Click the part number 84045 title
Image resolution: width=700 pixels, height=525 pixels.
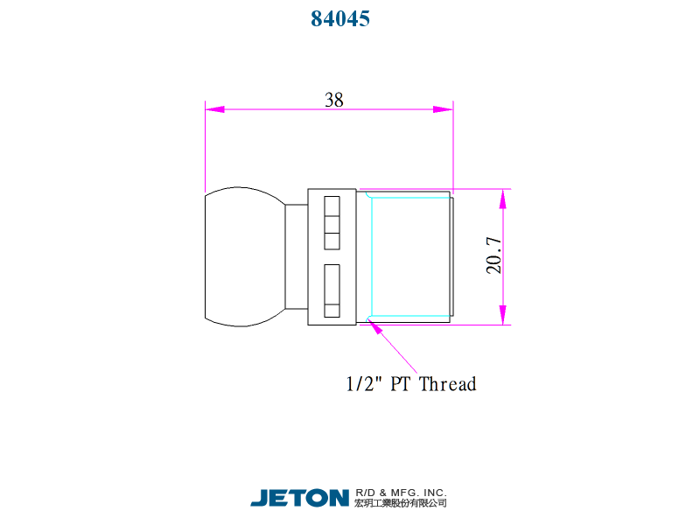coord(340,18)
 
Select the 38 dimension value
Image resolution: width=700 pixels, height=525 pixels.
coord(334,100)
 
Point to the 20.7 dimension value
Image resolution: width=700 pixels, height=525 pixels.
coord(493,255)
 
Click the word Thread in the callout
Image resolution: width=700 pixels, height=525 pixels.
coord(448,384)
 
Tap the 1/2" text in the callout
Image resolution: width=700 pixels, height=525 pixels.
coord(364,384)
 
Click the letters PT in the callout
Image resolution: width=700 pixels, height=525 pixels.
coord(400,384)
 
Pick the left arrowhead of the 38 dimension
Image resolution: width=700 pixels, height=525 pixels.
coord(214,109)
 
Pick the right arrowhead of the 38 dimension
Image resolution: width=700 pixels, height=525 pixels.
coord(444,109)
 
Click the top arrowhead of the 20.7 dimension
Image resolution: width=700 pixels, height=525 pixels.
coord(503,199)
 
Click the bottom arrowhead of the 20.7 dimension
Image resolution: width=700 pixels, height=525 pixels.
coord(503,315)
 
